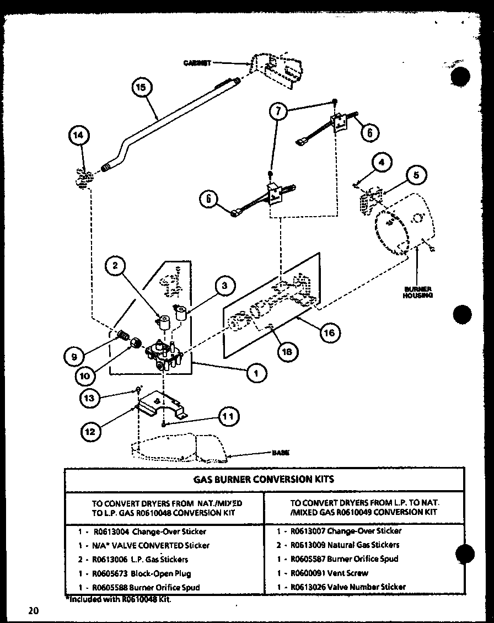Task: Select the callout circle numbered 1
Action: click(x=256, y=374)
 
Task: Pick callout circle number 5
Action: click(x=416, y=176)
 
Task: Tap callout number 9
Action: click(x=74, y=357)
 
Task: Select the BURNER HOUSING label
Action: click(x=417, y=292)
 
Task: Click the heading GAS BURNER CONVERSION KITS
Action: click(x=264, y=479)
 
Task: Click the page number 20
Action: click(x=33, y=610)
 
